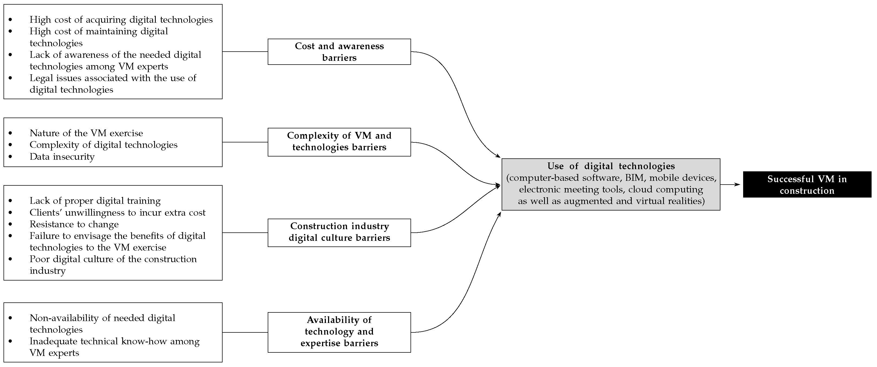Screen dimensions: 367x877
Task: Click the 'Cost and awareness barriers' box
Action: click(x=339, y=52)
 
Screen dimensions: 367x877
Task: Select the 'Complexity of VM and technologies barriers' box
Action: click(x=339, y=142)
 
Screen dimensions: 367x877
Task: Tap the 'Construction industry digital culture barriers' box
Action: click(x=339, y=232)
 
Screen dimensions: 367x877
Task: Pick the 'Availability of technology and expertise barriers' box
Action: click(x=339, y=332)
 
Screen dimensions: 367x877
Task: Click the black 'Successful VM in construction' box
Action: click(x=807, y=184)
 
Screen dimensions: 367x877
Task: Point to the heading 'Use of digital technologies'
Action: click(x=611, y=166)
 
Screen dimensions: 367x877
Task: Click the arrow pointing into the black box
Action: click(x=731, y=184)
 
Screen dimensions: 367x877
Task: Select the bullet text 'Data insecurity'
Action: click(x=62, y=157)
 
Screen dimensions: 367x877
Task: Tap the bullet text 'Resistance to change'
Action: click(x=74, y=224)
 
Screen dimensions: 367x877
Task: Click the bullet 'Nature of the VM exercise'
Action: click(x=86, y=133)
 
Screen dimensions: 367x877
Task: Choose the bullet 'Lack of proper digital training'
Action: click(x=95, y=201)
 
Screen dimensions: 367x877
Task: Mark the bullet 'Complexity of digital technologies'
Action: click(x=104, y=145)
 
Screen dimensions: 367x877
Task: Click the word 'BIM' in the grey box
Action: click(x=634, y=178)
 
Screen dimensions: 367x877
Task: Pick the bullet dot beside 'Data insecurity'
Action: click(x=10, y=156)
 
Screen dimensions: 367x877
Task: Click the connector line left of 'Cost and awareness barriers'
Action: click(x=245, y=52)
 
